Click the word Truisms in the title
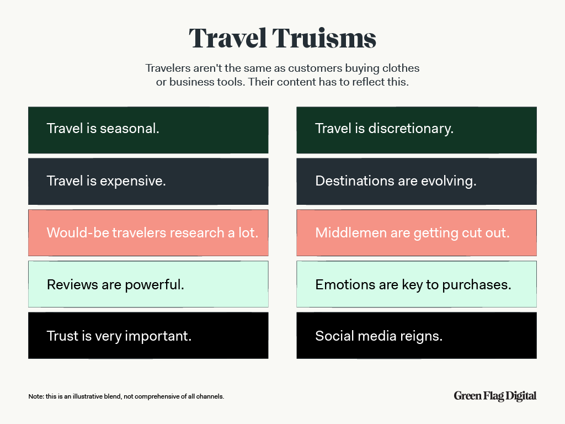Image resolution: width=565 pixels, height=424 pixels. [324, 38]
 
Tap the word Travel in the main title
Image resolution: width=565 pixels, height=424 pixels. [228, 38]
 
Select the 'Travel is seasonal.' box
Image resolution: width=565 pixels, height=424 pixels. [148, 130]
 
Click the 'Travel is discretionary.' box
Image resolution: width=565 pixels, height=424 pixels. [417, 130]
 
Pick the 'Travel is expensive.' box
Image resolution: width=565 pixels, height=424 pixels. [148, 181]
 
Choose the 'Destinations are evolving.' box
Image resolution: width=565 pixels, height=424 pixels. [417, 181]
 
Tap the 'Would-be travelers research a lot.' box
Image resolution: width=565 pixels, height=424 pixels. [148, 232]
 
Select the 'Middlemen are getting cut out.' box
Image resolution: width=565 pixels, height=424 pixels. [417, 232]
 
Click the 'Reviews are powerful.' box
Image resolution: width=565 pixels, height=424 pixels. [148, 284]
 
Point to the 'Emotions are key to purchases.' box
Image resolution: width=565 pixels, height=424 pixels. [417, 284]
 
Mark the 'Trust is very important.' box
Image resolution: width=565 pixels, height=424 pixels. [148, 335]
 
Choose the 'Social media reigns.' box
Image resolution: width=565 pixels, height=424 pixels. [417, 335]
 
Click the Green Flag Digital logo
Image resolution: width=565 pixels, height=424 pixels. [495, 396]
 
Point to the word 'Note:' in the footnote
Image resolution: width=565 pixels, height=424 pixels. [36, 396]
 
